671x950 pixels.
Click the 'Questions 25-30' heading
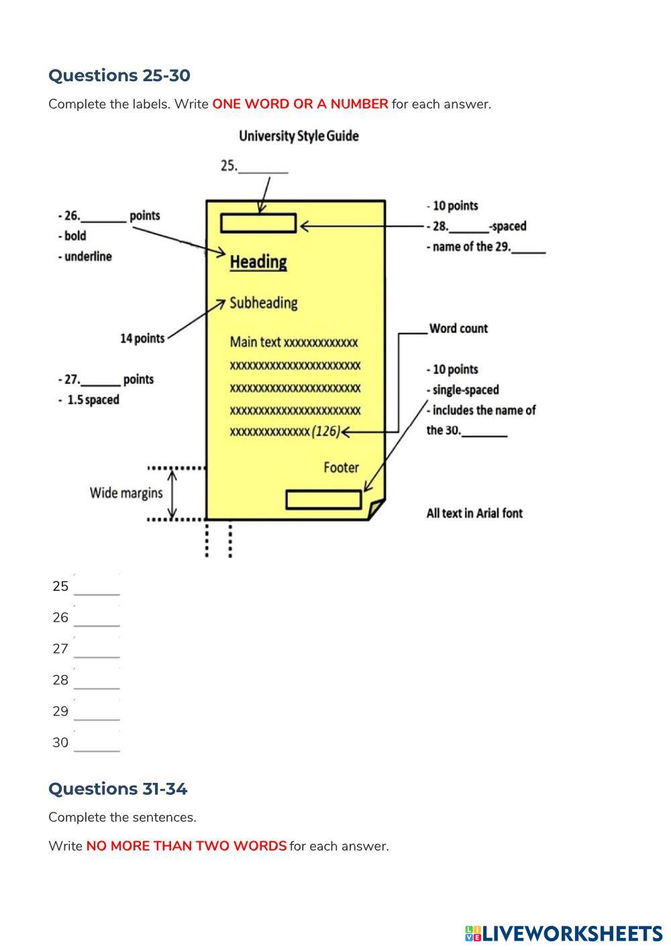pos(119,75)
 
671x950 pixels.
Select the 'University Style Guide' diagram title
pos(299,136)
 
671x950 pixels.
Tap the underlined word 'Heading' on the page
pos(258,262)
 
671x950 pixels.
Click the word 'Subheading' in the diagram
pos(264,303)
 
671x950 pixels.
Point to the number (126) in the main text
pos(326,432)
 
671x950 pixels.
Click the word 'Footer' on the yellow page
pos(341,467)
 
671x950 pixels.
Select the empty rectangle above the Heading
pos(258,223)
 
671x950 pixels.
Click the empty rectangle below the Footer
pos(323,500)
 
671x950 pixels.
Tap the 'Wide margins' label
pos(126,493)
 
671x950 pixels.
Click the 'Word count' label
pos(458,328)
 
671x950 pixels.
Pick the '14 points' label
pos(142,338)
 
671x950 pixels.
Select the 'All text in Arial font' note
pos(474,513)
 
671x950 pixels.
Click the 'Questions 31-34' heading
pos(117,788)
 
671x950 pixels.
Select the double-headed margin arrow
pos(172,493)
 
